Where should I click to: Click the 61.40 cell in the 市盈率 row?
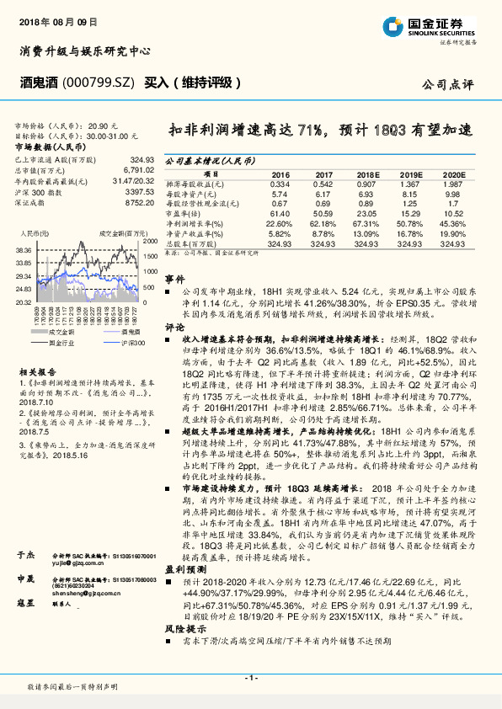tap(280, 214)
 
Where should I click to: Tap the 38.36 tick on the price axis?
tap(24, 250)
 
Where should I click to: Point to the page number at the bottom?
tap(251, 677)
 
